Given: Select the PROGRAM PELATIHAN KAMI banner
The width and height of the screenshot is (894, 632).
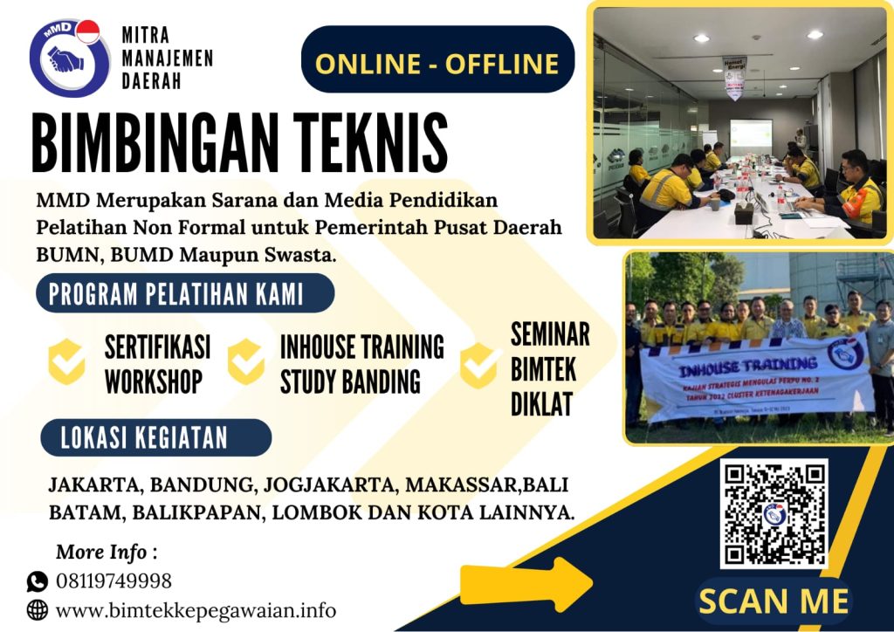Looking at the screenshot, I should (x=184, y=293).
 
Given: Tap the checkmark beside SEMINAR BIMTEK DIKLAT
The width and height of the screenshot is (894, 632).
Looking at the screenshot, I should (x=478, y=366).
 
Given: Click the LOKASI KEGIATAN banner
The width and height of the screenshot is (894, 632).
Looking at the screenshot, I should (x=153, y=437).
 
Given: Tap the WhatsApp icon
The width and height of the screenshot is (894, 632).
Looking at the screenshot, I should (x=38, y=581).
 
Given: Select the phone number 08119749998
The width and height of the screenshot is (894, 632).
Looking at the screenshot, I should (x=113, y=581).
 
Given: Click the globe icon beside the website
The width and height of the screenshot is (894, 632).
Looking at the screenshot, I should (x=38, y=609).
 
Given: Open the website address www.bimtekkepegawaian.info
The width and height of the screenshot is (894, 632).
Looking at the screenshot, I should (x=196, y=609).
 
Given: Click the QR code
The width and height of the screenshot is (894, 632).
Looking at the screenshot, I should (x=774, y=513).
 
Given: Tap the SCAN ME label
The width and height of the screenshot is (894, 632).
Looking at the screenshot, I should (x=774, y=601).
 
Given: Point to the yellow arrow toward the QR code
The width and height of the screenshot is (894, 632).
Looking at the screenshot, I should (x=550, y=578).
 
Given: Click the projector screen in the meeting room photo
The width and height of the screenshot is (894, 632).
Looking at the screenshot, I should (x=751, y=135).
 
